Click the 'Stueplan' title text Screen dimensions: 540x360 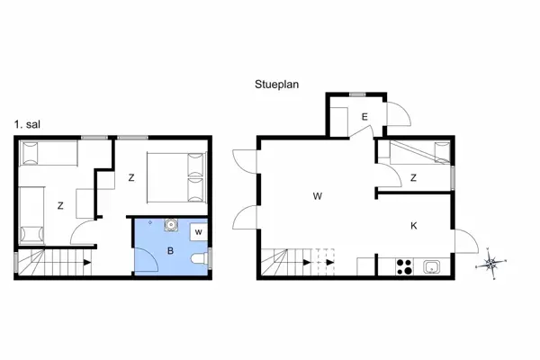pyautogui.click(x=276, y=85)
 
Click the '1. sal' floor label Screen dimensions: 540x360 pyautogui.click(x=27, y=124)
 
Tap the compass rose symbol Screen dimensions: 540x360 pyautogui.click(x=490, y=264)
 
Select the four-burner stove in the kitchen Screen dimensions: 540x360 pyautogui.click(x=404, y=266)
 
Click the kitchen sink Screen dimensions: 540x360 pyautogui.click(x=432, y=266)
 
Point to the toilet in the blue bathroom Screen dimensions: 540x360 pyautogui.click(x=200, y=258)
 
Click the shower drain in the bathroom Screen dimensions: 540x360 pyautogui.click(x=150, y=222)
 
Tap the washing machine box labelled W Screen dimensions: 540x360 pyautogui.click(x=199, y=232)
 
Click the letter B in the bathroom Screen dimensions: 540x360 pyautogui.click(x=170, y=251)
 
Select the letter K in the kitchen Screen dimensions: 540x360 pyautogui.click(x=414, y=226)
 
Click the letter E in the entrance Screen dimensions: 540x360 pyautogui.click(x=364, y=117)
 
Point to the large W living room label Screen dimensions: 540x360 pyautogui.click(x=318, y=196)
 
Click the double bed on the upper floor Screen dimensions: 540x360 pyautogui.click(x=177, y=177)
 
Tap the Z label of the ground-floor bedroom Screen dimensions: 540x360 pyautogui.click(x=413, y=178)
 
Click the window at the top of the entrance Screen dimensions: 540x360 pyautogui.click(x=357, y=94)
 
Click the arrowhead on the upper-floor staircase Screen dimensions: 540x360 pyautogui.click(x=87, y=263)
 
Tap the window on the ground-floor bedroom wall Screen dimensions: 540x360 pyautogui.click(x=453, y=178)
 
